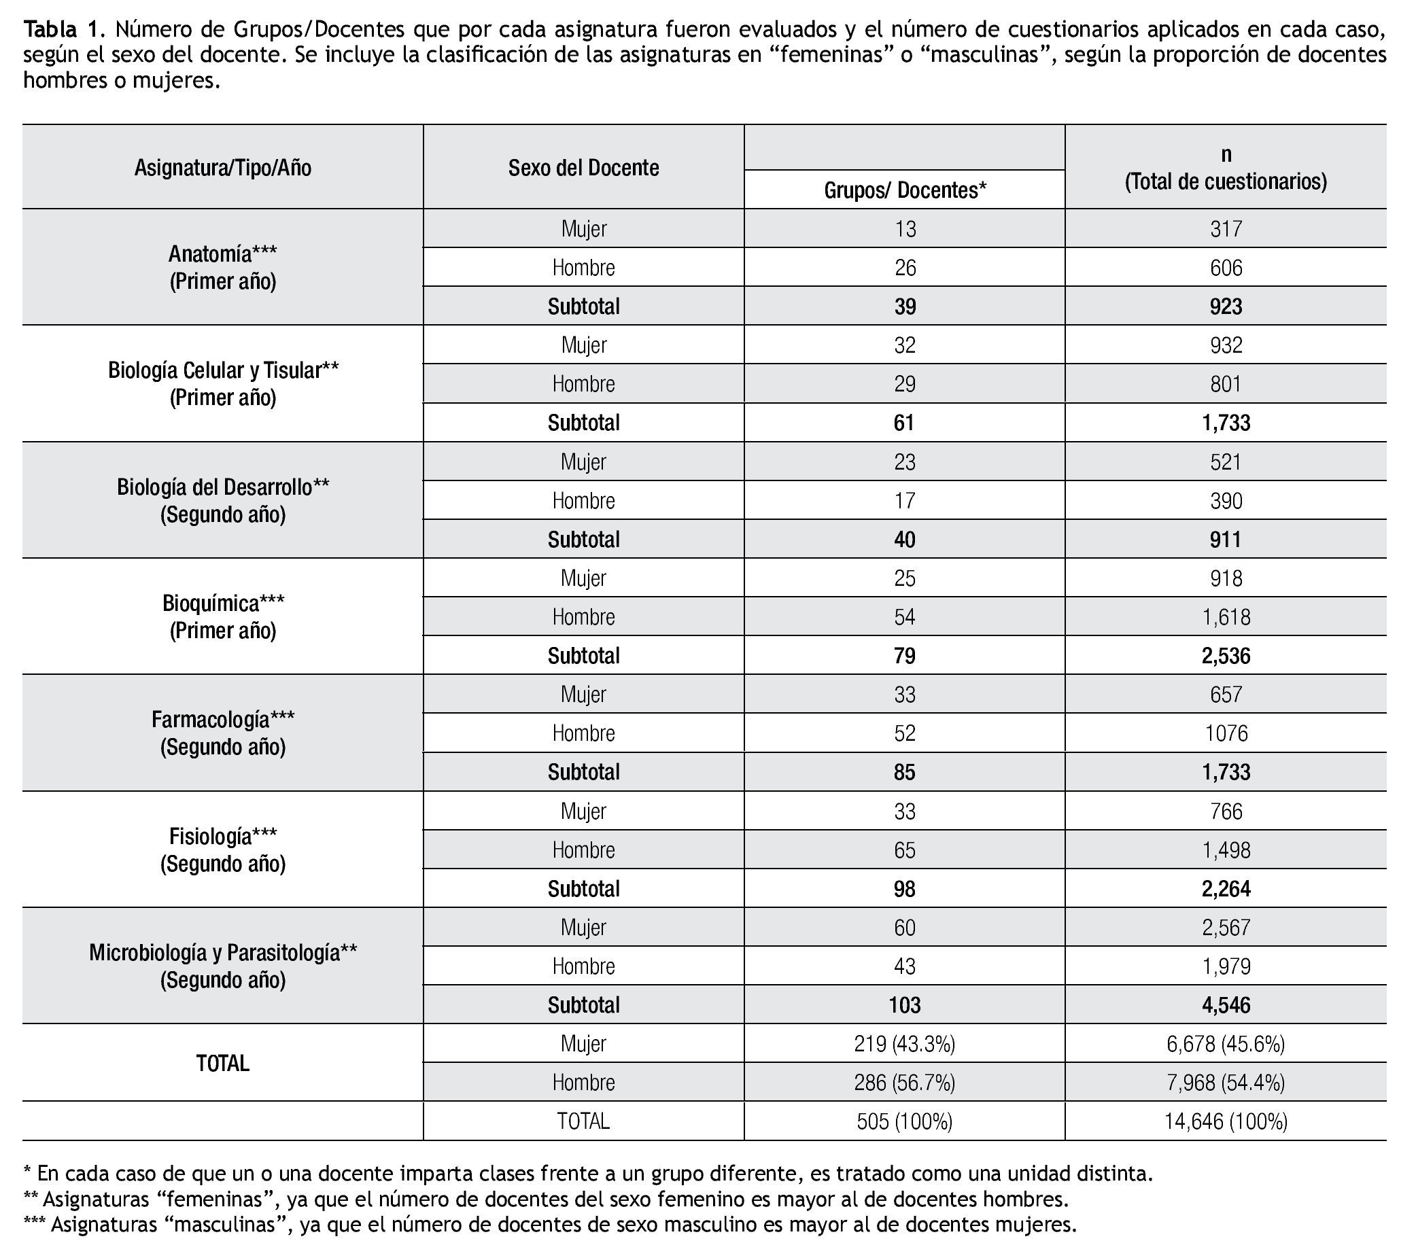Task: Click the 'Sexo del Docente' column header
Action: (x=583, y=168)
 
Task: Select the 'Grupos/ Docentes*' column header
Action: (x=905, y=190)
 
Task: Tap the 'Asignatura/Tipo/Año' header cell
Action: (x=222, y=168)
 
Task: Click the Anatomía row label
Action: (x=222, y=267)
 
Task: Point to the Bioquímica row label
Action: (x=222, y=616)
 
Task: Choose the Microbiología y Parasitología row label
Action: (x=222, y=966)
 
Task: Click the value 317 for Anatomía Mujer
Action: (x=1226, y=228)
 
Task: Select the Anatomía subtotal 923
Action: (x=1226, y=307)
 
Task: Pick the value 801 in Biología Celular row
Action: (x=1226, y=384)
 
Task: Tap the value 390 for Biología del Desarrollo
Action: (x=1226, y=500)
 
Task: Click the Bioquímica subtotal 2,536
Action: (x=1226, y=655)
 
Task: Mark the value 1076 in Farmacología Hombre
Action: (x=1226, y=733)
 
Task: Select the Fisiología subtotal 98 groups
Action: (x=905, y=889)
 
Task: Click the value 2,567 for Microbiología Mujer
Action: (x=1226, y=928)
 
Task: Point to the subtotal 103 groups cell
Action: (x=905, y=1005)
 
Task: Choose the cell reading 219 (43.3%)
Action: (x=905, y=1044)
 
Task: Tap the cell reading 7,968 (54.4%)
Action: (x=1226, y=1083)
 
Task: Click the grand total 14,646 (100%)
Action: (x=1226, y=1121)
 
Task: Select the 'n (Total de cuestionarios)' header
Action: (x=1226, y=169)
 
